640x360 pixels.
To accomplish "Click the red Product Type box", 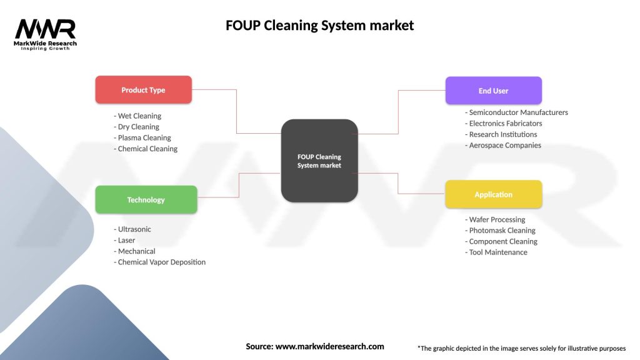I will (x=143, y=90).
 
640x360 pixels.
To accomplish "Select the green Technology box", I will (x=146, y=200).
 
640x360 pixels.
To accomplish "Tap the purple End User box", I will (x=493, y=91).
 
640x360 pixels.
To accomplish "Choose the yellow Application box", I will (x=493, y=194).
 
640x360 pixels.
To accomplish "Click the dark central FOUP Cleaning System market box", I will (x=319, y=161).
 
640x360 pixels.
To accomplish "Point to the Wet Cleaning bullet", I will (x=139, y=116).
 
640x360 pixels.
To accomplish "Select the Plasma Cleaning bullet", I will (x=144, y=137).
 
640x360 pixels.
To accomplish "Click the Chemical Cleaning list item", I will (x=147, y=149).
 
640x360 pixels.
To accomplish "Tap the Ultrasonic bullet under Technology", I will (x=134, y=229).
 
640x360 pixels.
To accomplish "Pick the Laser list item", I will (x=126, y=240).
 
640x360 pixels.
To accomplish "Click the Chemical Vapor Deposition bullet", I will (x=161, y=262).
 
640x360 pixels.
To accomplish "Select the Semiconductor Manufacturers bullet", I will (x=517, y=112).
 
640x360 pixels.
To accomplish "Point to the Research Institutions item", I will (x=502, y=134).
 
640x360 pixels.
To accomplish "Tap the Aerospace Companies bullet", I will (x=504, y=145).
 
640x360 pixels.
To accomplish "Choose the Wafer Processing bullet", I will (x=496, y=219).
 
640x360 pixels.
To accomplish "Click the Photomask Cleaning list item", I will (x=501, y=231).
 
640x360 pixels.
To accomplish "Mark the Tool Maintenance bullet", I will (x=497, y=252).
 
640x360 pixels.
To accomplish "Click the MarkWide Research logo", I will (x=45, y=33).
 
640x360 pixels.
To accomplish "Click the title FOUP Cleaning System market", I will (x=319, y=26).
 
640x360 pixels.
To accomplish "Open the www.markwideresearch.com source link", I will (x=329, y=346).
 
